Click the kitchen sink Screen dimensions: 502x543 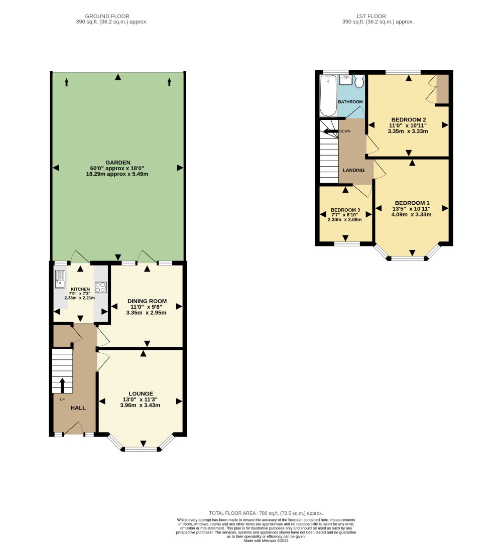pos(60,279)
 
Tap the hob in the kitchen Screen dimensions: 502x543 pos(101,287)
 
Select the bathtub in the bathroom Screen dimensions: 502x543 pos(328,95)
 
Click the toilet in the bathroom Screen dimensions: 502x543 pos(359,81)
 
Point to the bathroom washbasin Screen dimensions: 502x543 pos(345,80)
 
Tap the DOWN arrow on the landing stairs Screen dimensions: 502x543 pos(330,131)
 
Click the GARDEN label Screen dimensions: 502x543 pos(118,163)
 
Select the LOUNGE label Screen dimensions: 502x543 pos(141,393)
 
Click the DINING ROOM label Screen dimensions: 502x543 pos(147,301)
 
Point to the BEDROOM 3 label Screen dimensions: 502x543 pos(345,210)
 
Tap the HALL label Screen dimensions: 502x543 pos(78,408)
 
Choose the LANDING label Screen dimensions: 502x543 pos(353,170)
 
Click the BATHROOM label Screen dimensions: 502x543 pos(350,102)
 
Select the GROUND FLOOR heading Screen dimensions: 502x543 pos(107,16)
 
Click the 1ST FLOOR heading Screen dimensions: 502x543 pos(370,16)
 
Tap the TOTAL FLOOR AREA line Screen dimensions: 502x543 pos(266,513)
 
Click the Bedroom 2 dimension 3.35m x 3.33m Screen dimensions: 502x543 pos(408,131)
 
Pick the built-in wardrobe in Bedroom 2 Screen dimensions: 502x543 pos(442,89)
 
